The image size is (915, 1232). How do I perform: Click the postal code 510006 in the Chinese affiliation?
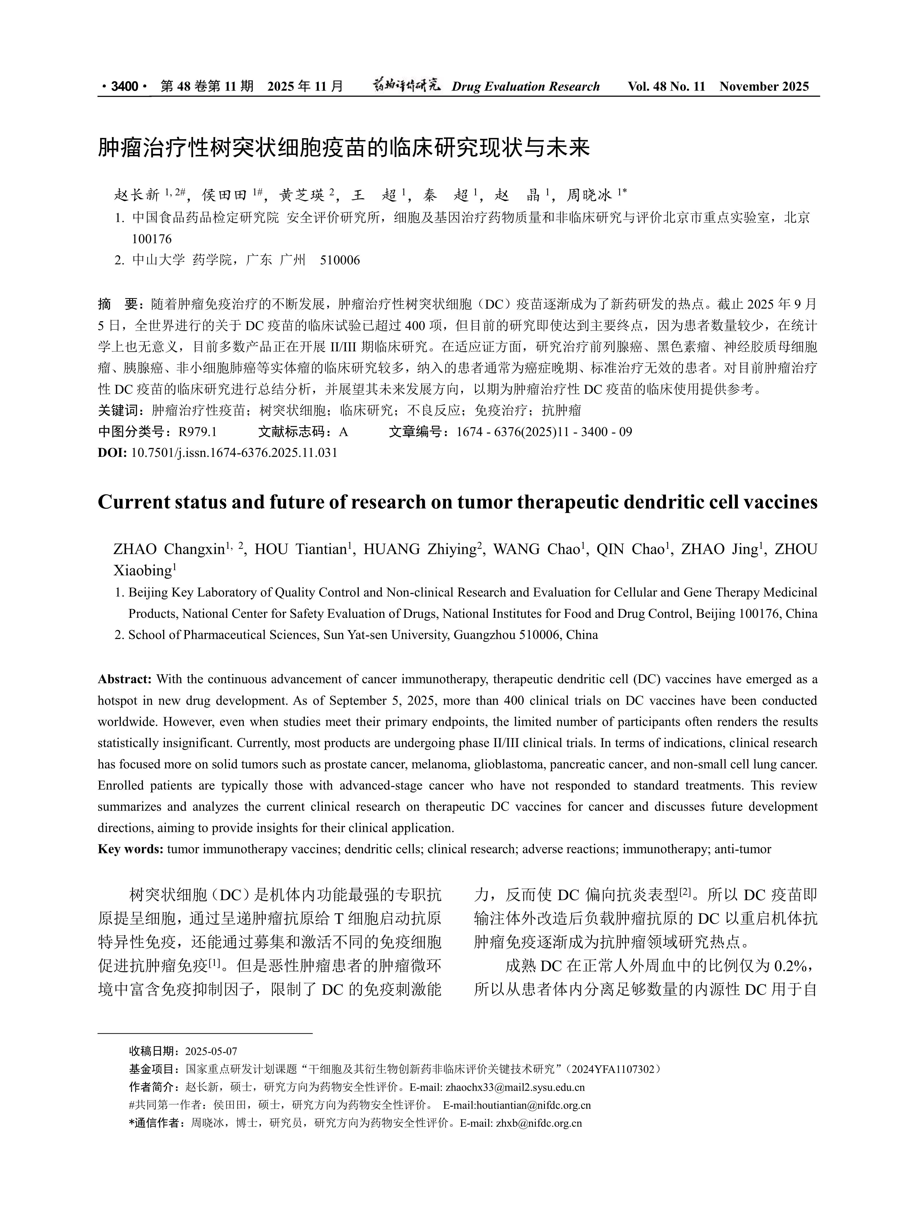(x=340, y=260)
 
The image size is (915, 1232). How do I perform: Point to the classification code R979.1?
(x=198, y=432)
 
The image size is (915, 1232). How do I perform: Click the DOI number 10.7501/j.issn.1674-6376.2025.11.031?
(x=234, y=453)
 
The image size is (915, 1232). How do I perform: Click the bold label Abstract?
(x=125, y=679)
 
